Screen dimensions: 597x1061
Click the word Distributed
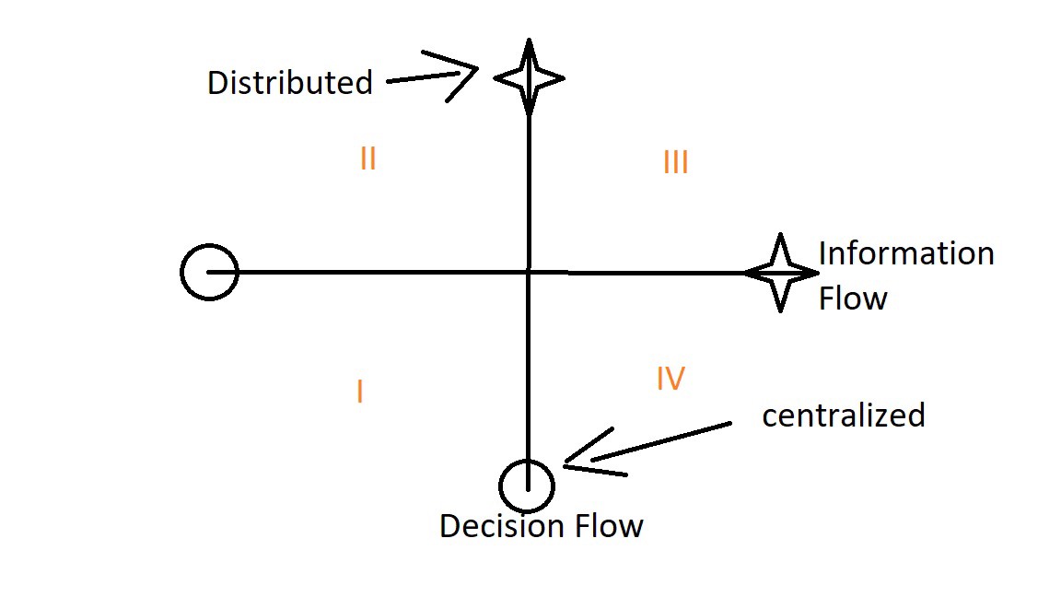[289, 83]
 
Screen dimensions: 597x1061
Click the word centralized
[843, 416]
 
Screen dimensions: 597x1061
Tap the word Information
[906, 253]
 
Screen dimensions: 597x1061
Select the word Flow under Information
[853, 298]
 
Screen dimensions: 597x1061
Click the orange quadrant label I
[359, 392]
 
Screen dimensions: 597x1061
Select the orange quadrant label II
[367, 159]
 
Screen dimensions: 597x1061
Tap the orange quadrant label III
[675, 163]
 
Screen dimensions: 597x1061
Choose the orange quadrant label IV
[670, 378]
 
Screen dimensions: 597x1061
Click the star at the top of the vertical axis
[529, 77]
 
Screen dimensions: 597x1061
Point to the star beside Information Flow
[781, 273]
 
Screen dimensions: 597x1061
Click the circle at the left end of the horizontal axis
[210, 273]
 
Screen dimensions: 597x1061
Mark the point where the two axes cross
[529, 272]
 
